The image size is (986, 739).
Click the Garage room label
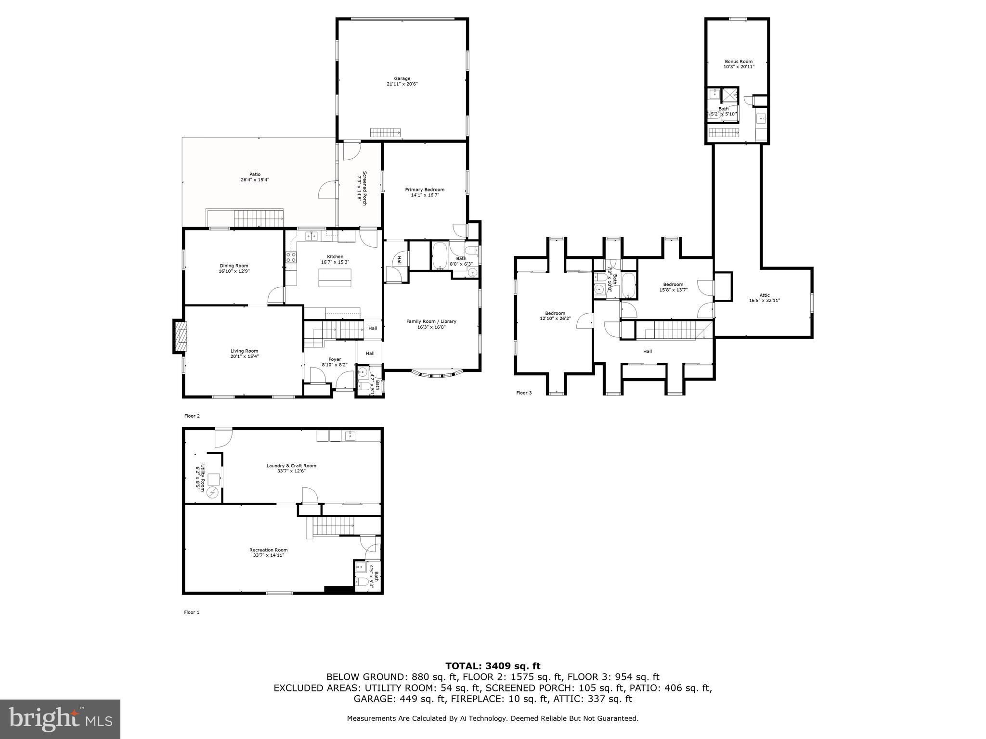(402, 78)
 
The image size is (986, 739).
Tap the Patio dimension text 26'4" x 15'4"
(255, 180)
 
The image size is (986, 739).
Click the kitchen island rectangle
(335, 278)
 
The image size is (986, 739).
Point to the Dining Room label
(234, 266)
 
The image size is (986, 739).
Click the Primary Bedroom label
(424, 190)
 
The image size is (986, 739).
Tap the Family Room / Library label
(431, 321)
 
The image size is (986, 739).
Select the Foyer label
(335, 359)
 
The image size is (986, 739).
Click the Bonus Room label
(738, 62)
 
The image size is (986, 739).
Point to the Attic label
(765, 295)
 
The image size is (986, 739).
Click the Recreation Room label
(268, 550)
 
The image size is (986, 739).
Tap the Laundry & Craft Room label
(291, 465)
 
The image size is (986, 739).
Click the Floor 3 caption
(524, 393)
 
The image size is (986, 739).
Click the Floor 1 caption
(191, 612)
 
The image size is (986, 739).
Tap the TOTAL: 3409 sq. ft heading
(493, 666)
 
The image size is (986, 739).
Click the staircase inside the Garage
(385, 133)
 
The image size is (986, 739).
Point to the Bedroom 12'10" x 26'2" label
(555, 313)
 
